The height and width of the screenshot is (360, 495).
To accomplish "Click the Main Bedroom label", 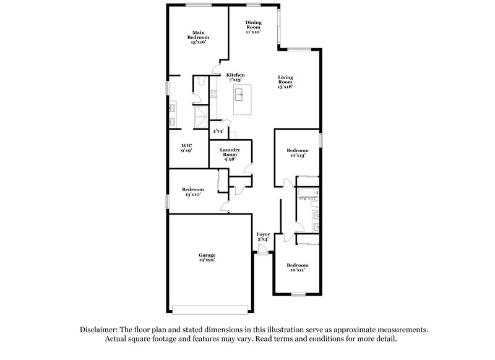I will (x=198, y=37).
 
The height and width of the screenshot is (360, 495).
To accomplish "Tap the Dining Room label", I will (x=252, y=27).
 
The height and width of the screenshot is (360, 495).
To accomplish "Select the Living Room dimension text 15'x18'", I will (x=285, y=87).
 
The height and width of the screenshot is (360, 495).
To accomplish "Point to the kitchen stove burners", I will (x=213, y=95).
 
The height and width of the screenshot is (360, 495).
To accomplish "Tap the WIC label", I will (x=186, y=146).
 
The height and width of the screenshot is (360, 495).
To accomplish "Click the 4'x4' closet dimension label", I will (x=218, y=131).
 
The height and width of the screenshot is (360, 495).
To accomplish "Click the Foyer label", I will (x=263, y=234).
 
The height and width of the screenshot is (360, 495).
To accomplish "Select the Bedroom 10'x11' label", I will (x=297, y=267).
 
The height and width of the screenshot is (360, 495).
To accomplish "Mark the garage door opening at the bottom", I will (x=210, y=309).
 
